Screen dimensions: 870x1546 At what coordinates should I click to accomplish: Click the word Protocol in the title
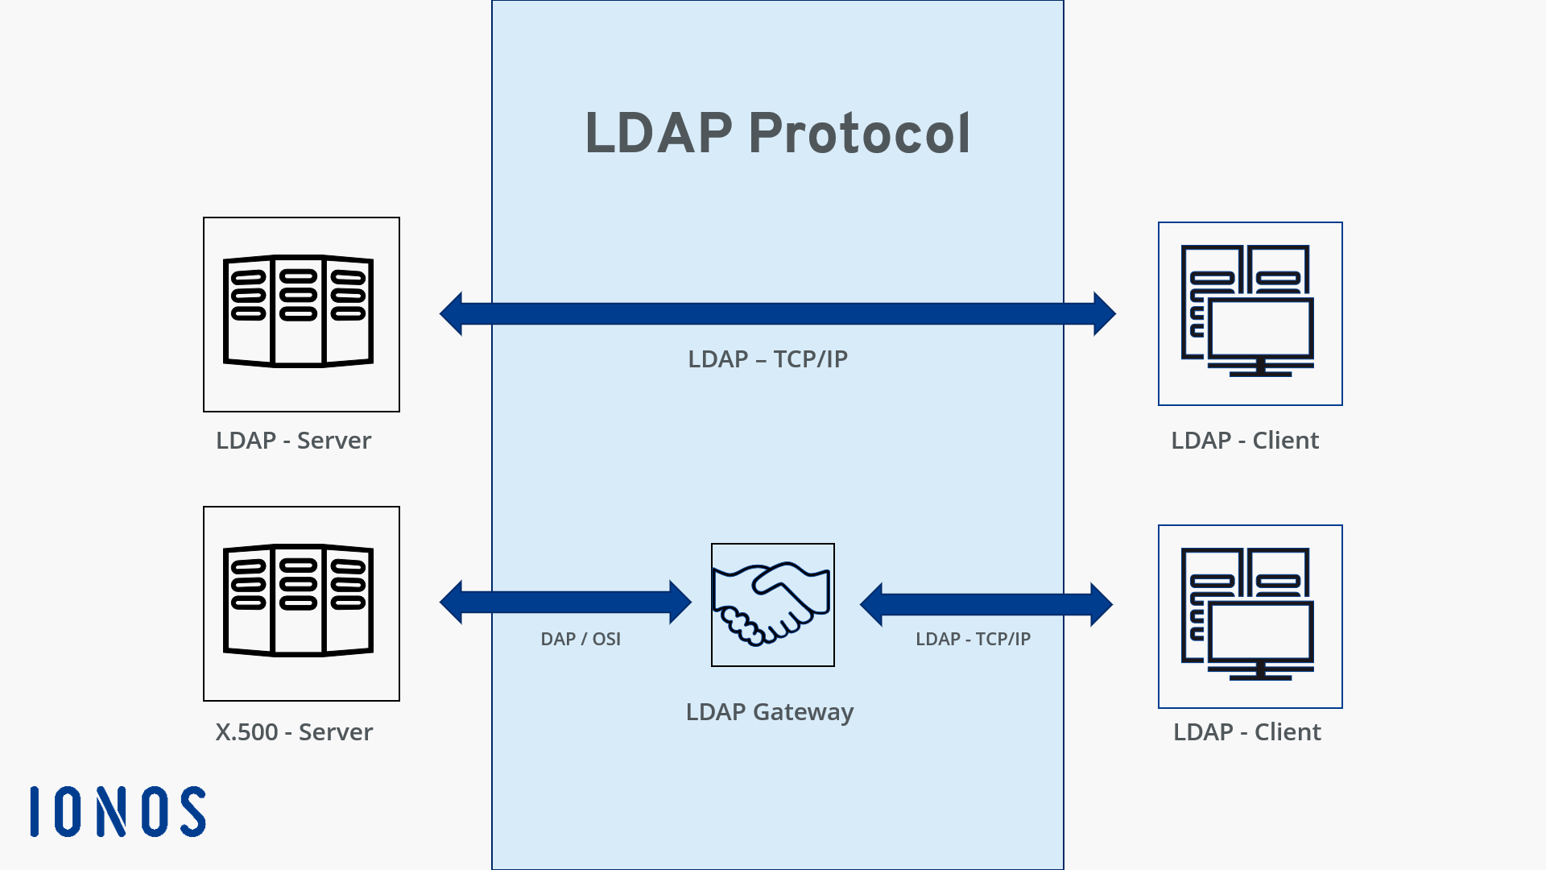(x=859, y=134)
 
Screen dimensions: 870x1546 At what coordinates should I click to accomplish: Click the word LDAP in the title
(x=658, y=134)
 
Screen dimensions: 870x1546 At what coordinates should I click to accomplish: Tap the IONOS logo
(x=118, y=811)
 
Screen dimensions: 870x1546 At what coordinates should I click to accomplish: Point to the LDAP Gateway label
(x=769, y=712)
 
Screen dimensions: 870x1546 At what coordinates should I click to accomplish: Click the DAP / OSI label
(x=581, y=639)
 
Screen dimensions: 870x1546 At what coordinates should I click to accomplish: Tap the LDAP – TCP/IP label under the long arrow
(x=767, y=359)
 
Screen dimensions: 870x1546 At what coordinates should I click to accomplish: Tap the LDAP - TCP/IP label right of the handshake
(x=973, y=639)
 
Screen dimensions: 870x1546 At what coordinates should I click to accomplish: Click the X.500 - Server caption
(x=294, y=732)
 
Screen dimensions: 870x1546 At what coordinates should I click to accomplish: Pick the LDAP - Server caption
(x=294, y=441)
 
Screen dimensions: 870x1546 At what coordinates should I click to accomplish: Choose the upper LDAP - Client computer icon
(x=1250, y=313)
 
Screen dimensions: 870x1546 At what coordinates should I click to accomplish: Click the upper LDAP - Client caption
(x=1245, y=441)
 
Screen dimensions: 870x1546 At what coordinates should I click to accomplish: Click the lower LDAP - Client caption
(x=1246, y=732)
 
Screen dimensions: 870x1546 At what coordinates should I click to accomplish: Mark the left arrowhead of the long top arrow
(x=452, y=314)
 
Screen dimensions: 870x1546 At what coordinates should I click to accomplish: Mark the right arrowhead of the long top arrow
(x=1104, y=314)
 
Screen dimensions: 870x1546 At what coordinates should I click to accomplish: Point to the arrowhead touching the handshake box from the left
(x=680, y=603)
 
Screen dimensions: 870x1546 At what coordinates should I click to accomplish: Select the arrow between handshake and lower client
(x=986, y=604)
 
